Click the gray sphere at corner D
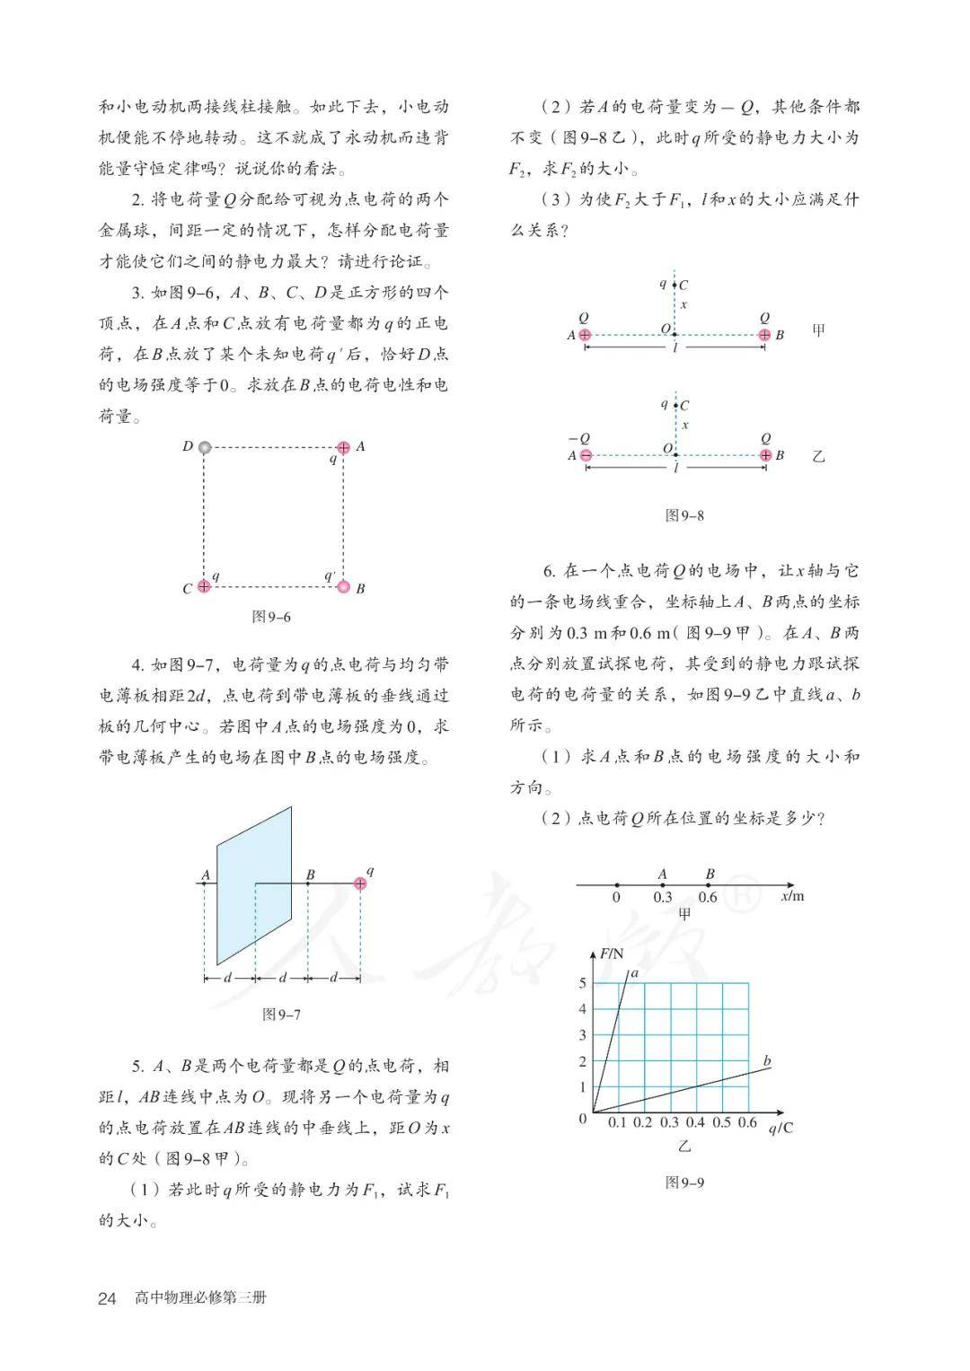tap(205, 447)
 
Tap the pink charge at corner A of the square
tap(343, 447)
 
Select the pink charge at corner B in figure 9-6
tap(343, 587)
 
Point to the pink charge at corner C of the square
tap(204, 586)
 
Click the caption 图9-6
tap(271, 618)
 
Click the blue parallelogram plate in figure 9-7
tap(254, 884)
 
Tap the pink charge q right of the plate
tap(360, 883)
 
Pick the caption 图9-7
tap(281, 1015)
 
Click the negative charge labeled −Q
tap(586, 455)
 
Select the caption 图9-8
tap(684, 515)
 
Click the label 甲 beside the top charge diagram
tap(818, 330)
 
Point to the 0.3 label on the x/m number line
tap(663, 897)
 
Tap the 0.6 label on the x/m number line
tap(708, 897)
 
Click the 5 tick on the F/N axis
tap(582, 983)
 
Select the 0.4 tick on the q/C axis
tap(695, 1122)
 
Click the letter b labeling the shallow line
tap(767, 1061)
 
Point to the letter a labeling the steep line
tap(635, 973)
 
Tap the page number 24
tap(107, 1298)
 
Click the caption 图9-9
tap(684, 1182)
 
